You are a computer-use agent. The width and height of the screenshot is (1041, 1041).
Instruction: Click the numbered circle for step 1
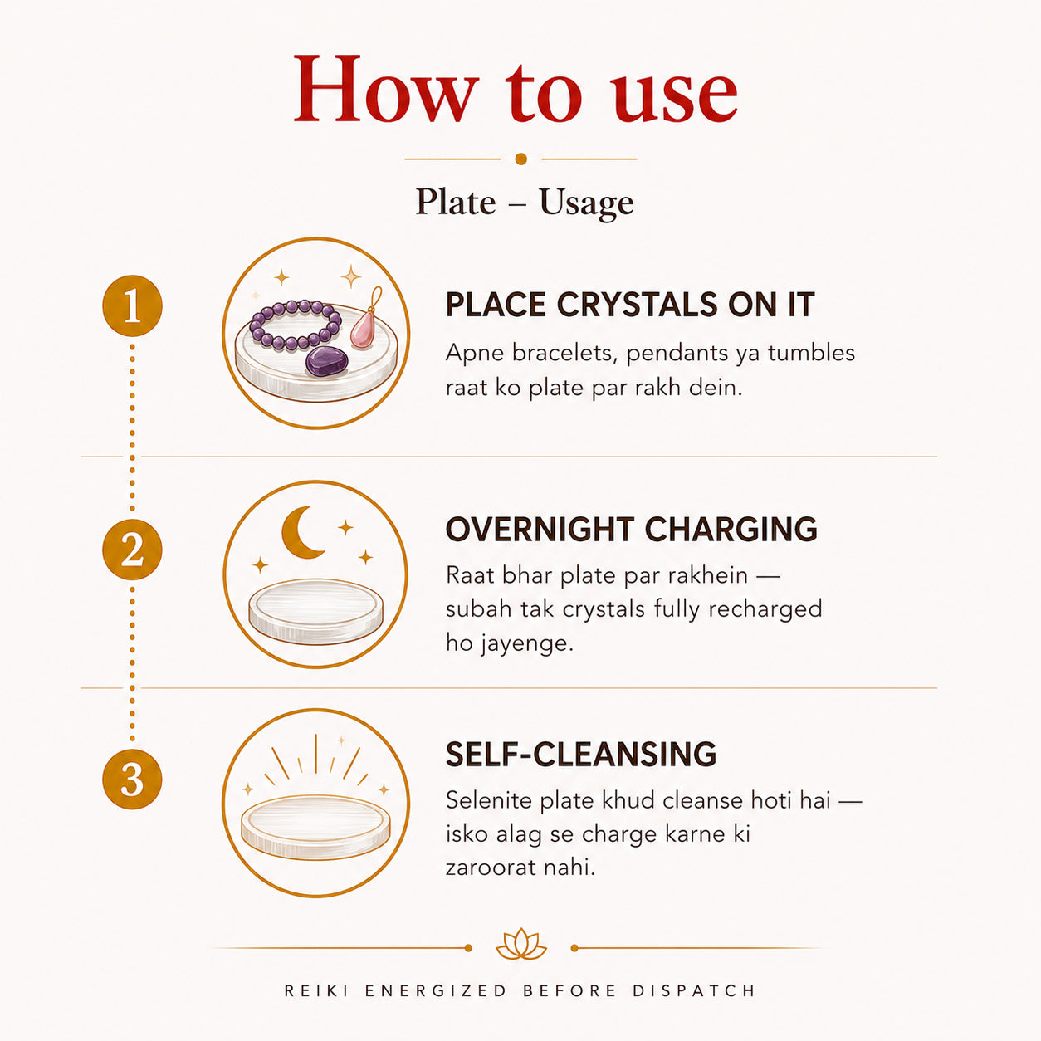[132, 305]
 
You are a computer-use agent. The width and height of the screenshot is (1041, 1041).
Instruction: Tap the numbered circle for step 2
[132, 549]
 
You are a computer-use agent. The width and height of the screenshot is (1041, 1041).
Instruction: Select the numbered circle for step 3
[132, 779]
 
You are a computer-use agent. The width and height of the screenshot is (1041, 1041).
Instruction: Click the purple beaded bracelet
[296, 325]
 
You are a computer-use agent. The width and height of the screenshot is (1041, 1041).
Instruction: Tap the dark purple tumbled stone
[327, 361]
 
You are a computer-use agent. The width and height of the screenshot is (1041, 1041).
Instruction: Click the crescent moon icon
[301, 532]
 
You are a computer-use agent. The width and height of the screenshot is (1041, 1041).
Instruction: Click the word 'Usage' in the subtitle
[586, 203]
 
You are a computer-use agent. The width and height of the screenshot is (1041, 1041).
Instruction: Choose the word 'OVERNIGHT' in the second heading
[540, 529]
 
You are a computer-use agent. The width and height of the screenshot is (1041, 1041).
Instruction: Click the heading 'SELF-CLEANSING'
[581, 754]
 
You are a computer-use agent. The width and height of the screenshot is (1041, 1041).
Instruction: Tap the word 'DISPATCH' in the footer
[694, 990]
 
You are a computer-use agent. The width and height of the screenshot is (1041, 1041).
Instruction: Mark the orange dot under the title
[520, 159]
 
